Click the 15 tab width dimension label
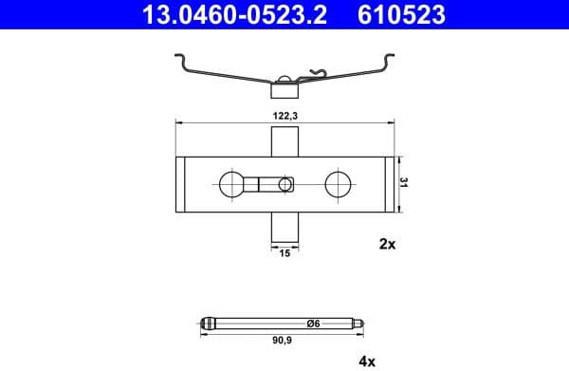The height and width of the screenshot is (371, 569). (x=285, y=252)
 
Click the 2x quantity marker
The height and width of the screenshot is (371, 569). (x=387, y=244)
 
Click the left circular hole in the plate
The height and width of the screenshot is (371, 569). (x=231, y=183)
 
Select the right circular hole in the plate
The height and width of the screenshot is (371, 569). (x=339, y=183)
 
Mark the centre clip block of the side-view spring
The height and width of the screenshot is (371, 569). (x=285, y=90)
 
